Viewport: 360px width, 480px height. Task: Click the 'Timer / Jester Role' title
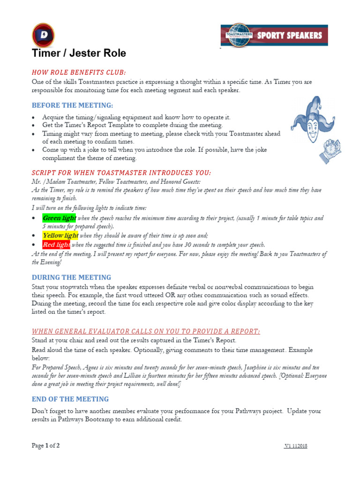[79, 53]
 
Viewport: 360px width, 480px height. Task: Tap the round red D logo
[43, 35]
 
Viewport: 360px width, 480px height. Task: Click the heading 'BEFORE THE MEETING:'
[72, 105]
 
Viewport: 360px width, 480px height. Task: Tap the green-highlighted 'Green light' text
[59, 218]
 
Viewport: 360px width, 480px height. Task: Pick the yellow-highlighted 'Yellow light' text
[60, 235]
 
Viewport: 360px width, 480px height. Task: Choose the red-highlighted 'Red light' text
[56, 245]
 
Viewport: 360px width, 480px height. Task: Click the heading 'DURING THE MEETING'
[71, 277]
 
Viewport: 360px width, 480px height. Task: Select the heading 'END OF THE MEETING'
[70, 399]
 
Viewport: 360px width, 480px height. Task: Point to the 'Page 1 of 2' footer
[45, 445]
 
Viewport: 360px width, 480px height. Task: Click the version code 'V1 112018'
[295, 446]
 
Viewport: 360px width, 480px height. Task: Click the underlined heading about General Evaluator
[146, 331]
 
